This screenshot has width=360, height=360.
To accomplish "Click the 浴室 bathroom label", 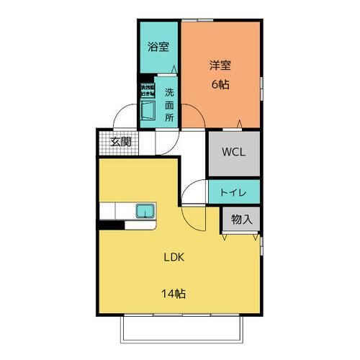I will [158, 48].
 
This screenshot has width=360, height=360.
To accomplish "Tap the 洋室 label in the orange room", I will [220, 66].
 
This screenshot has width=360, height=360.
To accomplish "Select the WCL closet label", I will [233, 153].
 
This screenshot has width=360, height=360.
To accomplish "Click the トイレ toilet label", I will [234, 192].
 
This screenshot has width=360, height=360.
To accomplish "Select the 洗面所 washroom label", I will [170, 104].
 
